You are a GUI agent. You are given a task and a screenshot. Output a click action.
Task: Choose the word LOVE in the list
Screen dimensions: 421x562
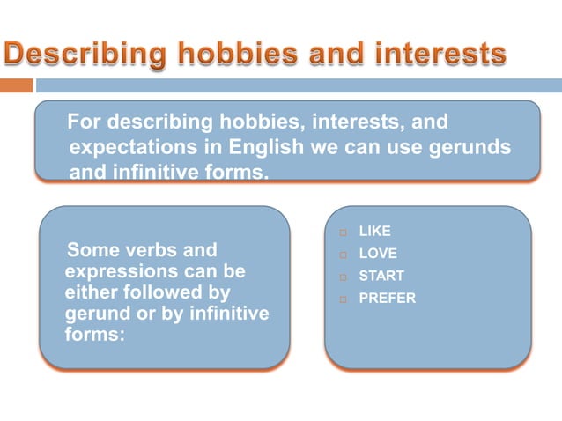376,254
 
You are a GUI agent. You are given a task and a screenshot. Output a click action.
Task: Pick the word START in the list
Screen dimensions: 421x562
381,276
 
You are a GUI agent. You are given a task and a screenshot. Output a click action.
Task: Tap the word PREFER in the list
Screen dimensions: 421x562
387,299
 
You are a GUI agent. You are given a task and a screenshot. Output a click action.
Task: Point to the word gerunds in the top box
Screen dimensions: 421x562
470,147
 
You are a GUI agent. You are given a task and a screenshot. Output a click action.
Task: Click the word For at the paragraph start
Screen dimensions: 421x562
85,122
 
